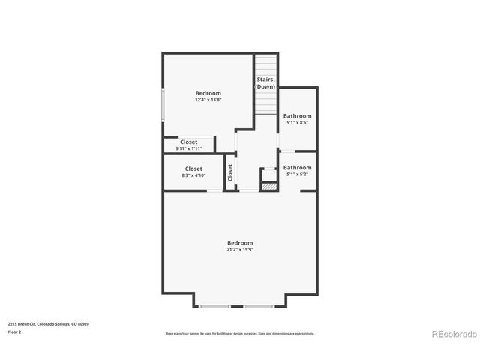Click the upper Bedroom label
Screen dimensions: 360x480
point(208,93)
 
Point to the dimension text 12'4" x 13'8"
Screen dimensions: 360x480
point(208,100)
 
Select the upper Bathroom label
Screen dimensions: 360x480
point(297,116)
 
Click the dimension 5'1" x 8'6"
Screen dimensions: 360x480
point(297,123)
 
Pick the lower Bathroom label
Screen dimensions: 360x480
point(297,168)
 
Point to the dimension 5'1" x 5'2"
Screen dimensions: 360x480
point(297,175)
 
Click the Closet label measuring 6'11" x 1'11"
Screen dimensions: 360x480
point(189,142)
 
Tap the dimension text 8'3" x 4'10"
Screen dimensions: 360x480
point(193,175)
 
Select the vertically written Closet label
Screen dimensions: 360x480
point(230,172)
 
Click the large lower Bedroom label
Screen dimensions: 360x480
point(240,243)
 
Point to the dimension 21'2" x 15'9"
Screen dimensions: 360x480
point(240,250)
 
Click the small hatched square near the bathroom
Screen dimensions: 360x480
point(266,184)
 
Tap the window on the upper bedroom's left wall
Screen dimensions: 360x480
point(163,105)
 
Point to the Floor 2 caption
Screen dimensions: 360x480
point(15,331)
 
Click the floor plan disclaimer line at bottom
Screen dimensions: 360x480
point(240,333)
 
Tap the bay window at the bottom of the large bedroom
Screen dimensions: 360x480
point(240,306)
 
